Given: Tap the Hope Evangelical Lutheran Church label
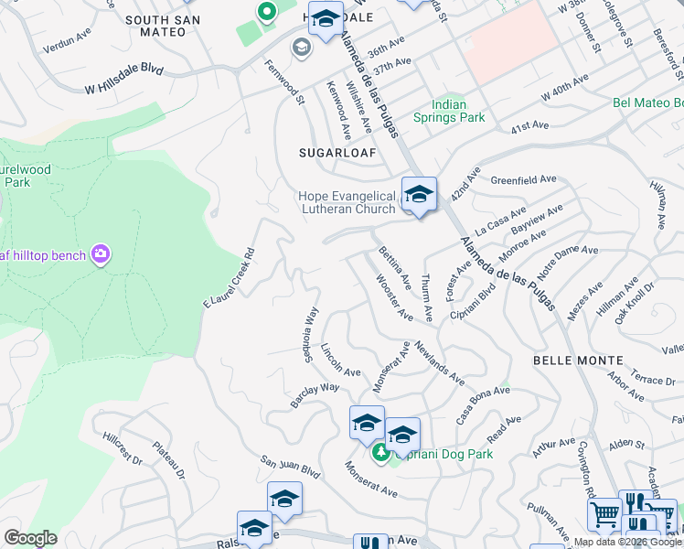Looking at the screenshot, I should point(348,202).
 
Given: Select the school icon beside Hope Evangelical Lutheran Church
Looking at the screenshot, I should point(419,195).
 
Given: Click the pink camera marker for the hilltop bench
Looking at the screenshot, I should point(100,253).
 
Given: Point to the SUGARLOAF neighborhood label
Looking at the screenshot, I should point(337,153).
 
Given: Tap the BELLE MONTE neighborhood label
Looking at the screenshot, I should point(578,361).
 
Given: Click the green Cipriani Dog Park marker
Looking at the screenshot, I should point(380,452).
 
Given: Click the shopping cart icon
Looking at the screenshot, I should point(603,515).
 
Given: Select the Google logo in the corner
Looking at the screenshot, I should point(30,537).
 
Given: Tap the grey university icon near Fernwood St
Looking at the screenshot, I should point(301,47).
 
